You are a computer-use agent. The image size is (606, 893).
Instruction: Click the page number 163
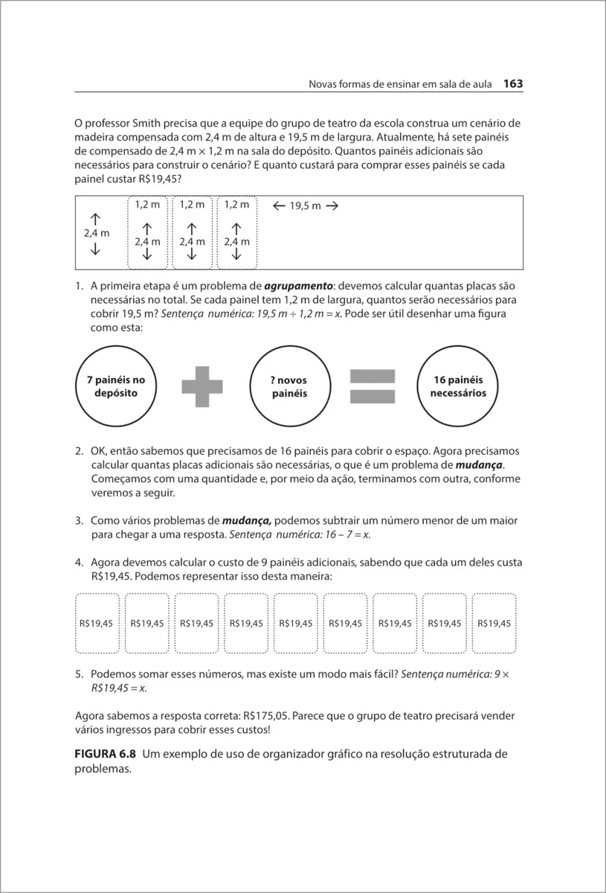(513, 84)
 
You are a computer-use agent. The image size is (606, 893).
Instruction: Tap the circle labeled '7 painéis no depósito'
(116, 386)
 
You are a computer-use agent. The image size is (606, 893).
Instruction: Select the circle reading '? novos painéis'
(289, 386)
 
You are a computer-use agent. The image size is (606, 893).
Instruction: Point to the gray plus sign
(197, 387)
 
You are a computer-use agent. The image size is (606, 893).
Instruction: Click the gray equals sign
(372, 387)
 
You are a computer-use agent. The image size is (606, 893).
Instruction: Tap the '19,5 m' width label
(306, 206)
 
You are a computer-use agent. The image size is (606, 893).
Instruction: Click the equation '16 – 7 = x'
(349, 534)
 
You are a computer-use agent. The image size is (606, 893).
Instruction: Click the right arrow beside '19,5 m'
(332, 206)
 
